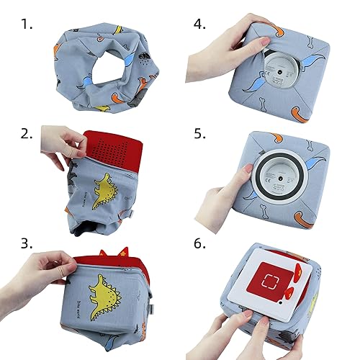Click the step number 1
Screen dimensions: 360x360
click(x=27, y=24)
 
